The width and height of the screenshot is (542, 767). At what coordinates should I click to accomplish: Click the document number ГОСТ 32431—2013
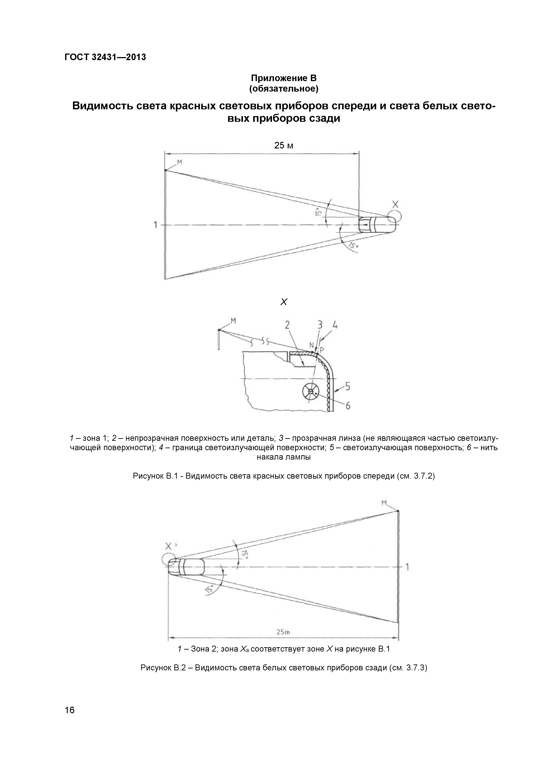(x=105, y=57)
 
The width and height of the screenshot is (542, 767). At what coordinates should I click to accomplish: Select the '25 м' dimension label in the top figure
(x=284, y=145)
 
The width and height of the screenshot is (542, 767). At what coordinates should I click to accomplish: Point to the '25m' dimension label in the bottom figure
(x=283, y=632)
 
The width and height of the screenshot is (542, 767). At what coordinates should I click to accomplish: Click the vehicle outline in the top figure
(x=377, y=225)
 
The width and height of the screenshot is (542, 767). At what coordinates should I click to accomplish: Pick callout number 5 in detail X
(x=347, y=387)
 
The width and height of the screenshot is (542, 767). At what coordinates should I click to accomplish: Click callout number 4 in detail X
(x=335, y=325)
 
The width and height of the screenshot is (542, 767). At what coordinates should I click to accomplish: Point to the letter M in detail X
(x=233, y=321)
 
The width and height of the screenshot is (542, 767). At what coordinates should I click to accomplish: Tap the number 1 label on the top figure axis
(x=155, y=225)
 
